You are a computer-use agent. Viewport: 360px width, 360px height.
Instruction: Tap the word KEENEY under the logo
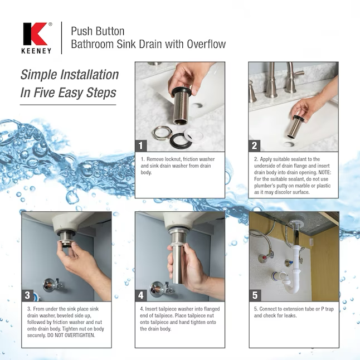[x=36, y=51]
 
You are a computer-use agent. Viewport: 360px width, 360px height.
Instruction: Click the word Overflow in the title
[x=206, y=44]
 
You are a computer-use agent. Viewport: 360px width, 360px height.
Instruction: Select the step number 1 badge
[x=141, y=145]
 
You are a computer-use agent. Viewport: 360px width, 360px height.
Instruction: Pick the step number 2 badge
[x=254, y=145]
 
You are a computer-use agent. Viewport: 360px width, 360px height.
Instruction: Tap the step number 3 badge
[x=27, y=295]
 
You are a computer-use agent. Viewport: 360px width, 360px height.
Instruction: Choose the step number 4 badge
[x=141, y=295]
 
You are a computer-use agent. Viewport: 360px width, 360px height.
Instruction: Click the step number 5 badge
[x=255, y=295]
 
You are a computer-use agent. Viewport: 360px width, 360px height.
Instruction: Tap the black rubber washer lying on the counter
[x=181, y=140]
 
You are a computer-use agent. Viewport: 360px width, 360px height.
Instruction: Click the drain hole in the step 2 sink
[x=288, y=144]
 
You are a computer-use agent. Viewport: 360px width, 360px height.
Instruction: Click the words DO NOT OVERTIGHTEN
[x=71, y=335]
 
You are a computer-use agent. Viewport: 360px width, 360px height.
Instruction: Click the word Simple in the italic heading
[x=38, y=75]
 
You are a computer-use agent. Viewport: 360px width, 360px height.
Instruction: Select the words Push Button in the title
[x=98, y=31]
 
